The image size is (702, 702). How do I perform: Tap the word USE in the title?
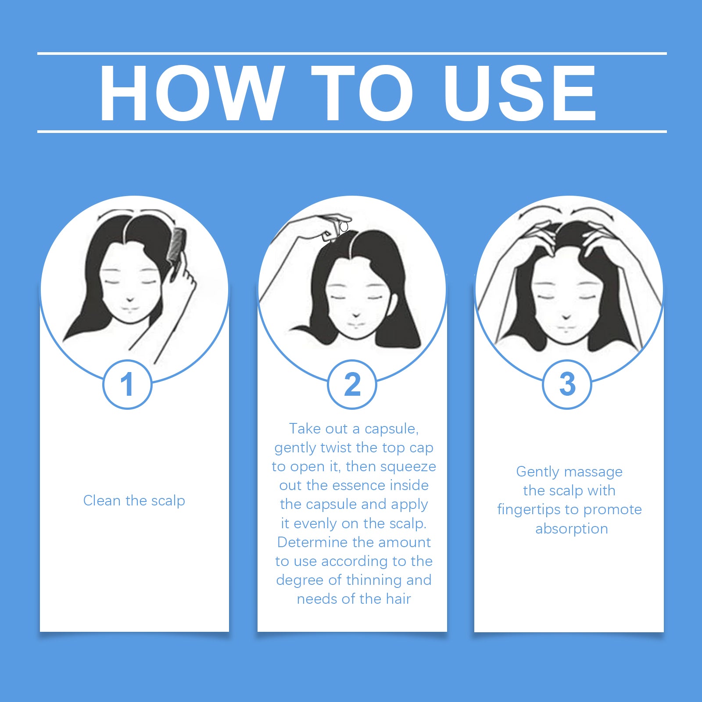pos(520,93)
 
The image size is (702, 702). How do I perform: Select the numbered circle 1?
pos(127,384)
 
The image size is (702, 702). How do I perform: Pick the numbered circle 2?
pos(352,384)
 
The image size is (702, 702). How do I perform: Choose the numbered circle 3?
pos(567,384)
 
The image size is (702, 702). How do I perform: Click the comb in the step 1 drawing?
pos(178,250)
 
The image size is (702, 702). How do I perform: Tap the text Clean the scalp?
pos(134,501)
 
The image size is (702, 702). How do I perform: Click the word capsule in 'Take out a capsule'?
pos(391,429)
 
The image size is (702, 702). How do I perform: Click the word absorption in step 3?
pos(572,529)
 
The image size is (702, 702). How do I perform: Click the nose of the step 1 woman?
pos(130,300)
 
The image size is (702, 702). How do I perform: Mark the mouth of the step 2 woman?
pos(356,325)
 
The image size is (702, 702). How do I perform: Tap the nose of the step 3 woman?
pos(566,316)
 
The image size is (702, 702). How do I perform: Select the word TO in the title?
pos(362,93)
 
